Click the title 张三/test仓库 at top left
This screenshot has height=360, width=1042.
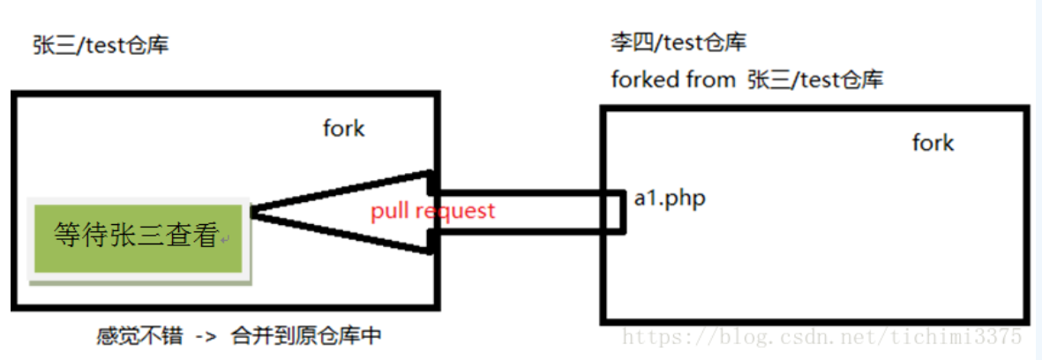pyautogui.click(x=101, y=45)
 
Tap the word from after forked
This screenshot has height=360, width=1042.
pyautogui.click(x=711, y=79)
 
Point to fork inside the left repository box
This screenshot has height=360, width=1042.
pyautogui.click(x=343, y=129)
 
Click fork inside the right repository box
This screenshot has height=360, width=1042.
pyautogui.click(x=933, y=143)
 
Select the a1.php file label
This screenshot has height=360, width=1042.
pyautogui.click(x=670, y=199)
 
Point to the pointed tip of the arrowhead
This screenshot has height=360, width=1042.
pyautogui.click(x=254, y=212)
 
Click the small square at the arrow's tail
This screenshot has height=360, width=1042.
pyautogui.click(x=613, y=211)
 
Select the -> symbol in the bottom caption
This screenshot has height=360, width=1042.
pyautogui.click(x=203, y=336)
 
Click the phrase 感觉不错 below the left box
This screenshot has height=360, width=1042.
pyautogui.click(x=131, y=336)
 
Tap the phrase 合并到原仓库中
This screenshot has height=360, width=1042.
pyautogui.click(x=306, y=336)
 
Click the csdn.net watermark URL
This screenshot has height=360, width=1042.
pyautogui.click(x=821, y=336)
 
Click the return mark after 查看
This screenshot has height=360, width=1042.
pyautogui.click(x=225, y=240)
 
